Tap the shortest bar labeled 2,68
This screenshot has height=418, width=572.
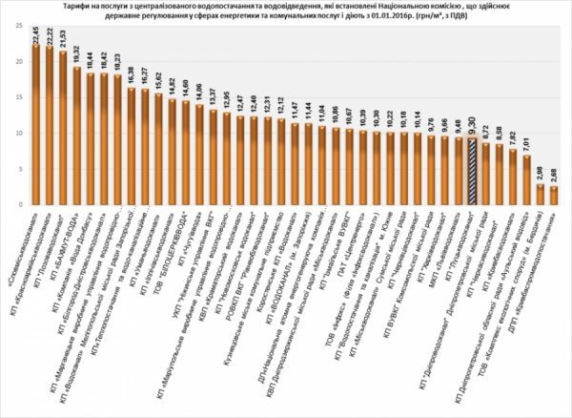pyautogui.click(x=554, y=196)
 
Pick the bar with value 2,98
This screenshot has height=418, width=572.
pyautogui.click(x=541, y=195)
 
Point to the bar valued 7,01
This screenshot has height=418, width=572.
pyautogui.click(x=527, y=180)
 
